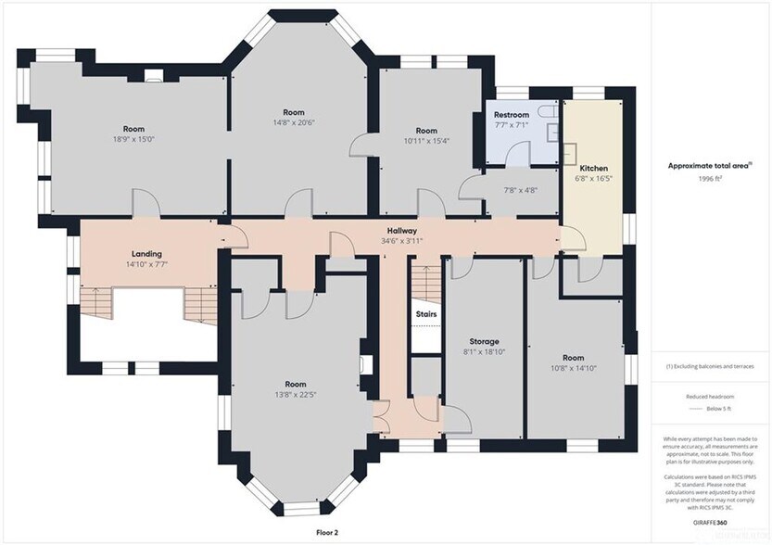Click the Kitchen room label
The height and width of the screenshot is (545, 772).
pyautogui.click(x=593, y=169)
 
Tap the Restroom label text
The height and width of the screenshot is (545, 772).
pyautogui.click(x=511, y=115)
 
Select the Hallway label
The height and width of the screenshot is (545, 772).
pyautogui.click(x=401, y=231)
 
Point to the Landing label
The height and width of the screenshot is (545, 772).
pyautogui.click(x=146, y=254)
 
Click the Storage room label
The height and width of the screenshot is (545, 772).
pyautogui.click(x=483, y=342)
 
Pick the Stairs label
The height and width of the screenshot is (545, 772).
pyautogui.click(x=425, y=315)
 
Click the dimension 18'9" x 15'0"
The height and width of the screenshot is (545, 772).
pyautogui.click(x=134, y=139)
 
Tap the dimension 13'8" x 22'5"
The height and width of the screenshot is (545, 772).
pyautogui.click(x=296, y=394)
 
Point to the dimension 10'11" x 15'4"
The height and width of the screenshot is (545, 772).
pyautogui.click(x=425, y=141)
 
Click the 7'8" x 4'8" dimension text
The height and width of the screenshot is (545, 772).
pyautogui.click(x=520, y=190)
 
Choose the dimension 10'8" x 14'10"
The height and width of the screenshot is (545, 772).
pyautogui.click(x=574, y=367)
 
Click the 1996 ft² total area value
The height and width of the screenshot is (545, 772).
pyautogui.click(x=711, y=178)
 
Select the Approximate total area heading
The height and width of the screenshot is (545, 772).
pyautogui.click(x=710, y=166)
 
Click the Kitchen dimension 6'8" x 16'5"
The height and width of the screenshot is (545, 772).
pyautogui.click(x=593, y=179)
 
